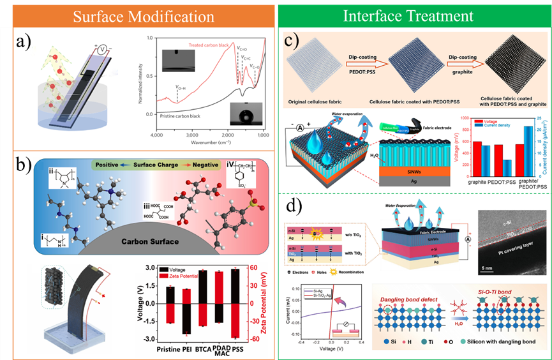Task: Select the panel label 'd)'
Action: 297,190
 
